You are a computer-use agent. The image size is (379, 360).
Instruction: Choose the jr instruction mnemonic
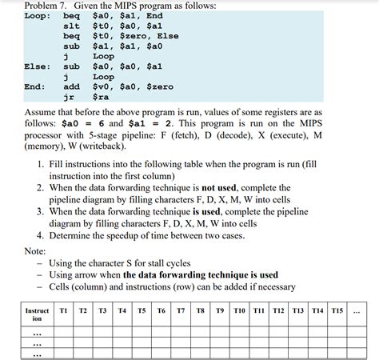tap(68, 97)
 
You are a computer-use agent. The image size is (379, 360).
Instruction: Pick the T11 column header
tap(258, 310)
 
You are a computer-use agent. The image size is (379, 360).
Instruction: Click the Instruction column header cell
tap(37, 314)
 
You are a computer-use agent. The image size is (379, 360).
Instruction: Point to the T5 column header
tap(142, 310)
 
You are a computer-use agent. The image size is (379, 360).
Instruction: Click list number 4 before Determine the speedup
tap(40, 236)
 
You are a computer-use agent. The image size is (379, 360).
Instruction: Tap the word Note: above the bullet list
tap(35, 250)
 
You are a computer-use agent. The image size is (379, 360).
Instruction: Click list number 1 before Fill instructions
tap(40, 163)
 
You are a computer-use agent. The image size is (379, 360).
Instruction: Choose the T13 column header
tap(297, 310)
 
